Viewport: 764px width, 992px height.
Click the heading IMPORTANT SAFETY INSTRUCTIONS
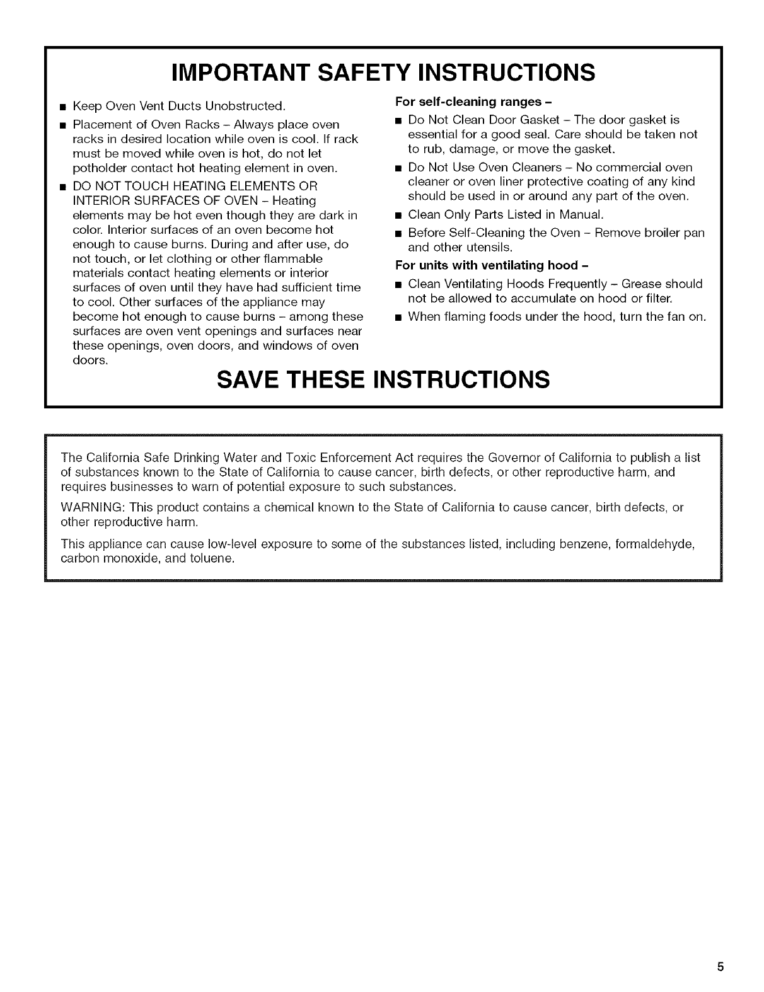click(383, 72)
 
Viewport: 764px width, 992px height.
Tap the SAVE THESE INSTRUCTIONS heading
click(383, 380)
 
